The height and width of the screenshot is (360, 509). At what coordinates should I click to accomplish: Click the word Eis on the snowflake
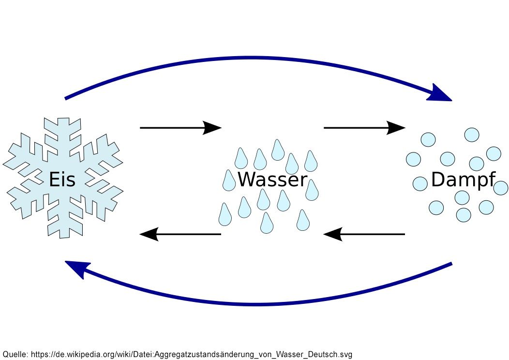click(62, 179)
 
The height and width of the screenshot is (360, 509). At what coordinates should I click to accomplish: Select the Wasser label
click(272, 179)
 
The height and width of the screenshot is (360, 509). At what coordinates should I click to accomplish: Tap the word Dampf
click(463, 180)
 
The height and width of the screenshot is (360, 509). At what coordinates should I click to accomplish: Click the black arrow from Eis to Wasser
click(180, 128)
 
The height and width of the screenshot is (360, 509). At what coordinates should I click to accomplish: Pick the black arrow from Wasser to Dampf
click(364, 128)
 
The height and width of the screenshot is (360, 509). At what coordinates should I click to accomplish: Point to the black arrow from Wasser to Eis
click(180, 234)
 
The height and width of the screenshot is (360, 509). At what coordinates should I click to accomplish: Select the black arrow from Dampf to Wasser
click(364, 234)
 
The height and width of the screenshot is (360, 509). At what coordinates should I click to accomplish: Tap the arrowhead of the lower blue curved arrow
click(76, 269)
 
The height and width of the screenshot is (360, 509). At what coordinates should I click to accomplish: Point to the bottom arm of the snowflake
click(65, 221)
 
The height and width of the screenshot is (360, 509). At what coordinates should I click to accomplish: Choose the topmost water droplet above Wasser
click(278, 150)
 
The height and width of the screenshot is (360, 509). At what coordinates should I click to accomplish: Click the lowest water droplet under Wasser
click(267, 224)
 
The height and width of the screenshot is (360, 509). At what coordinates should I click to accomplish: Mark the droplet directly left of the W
click(229, 180)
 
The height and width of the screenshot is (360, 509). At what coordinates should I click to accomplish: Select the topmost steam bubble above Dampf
click(472, 135)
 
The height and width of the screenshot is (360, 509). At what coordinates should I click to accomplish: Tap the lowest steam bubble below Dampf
click(463, 214)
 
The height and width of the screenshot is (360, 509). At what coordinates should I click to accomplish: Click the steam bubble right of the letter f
click(501, 188)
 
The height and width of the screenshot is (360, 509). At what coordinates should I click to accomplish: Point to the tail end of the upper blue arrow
click(65, 98)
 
